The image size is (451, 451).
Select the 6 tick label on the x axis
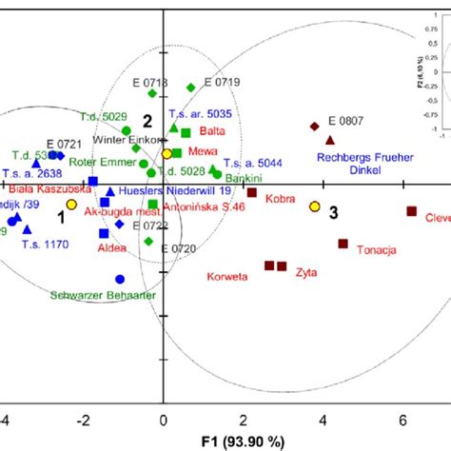pos(405,419)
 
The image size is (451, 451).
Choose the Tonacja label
pos(376,251)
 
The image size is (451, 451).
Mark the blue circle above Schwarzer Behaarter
pos(120,279)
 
